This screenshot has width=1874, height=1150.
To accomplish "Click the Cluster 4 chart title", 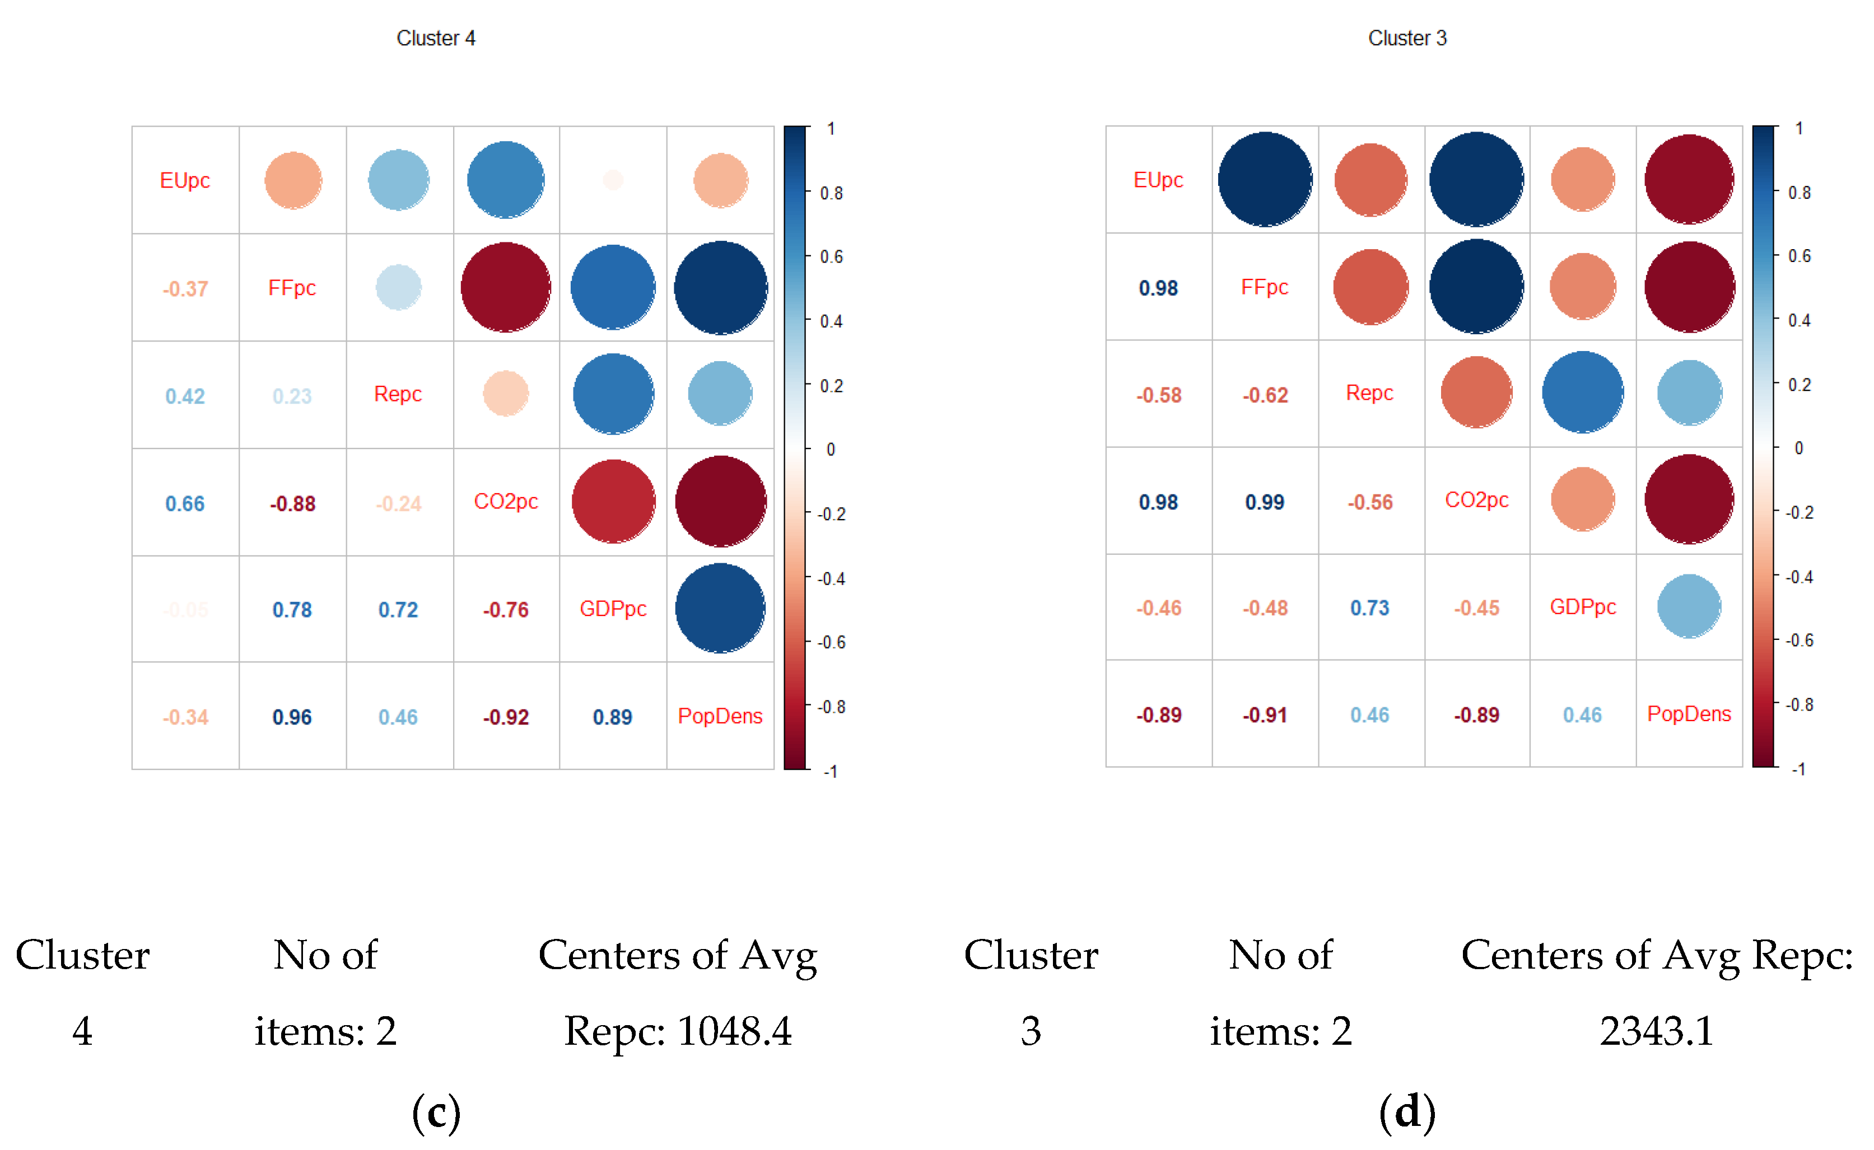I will pyautogui.click(x=435, y=38).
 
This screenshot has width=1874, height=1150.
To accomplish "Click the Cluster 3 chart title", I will pyautogui.click(x=1407, y=38).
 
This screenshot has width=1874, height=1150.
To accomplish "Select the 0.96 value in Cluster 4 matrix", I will pyautogui.click(x=292, y=717).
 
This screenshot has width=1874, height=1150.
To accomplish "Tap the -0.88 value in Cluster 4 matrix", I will pyautogui.click(x=292, y=503).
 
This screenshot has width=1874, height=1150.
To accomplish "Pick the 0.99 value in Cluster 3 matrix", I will pyautogui.click(x=1265, y=502).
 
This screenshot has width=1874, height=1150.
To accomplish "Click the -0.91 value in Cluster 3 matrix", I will pyautogui.click(x=1265, y=715).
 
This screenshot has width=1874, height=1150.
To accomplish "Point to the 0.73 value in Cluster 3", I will pyautogui.click(x=1369, y=607).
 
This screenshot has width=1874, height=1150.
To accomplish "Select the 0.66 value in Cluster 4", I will pyautogui.click(x=185, y=503).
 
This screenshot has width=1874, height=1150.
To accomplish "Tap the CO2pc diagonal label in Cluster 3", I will pyautogui.click(x=1476, y=501).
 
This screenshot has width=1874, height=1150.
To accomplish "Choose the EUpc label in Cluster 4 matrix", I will pyautogui.click(x=185, y=180).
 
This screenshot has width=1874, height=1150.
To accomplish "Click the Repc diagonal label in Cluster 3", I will pyautogui.click(x=1369, y=393).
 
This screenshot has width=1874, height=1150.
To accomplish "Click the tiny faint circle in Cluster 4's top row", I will pyautogui.click(x=613, y=180).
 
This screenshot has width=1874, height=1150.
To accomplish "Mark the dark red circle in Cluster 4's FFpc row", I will pyautogui.click(x=505, y=288).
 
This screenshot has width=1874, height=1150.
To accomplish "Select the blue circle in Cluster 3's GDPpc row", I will pyautogui.click(x=1689, y=607).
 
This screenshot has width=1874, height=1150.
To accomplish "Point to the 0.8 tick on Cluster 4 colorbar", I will pyautogui.click(x=832, y=193).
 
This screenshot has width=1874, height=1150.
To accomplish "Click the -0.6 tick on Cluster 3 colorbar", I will pyautogui.click(x=1799, y=641).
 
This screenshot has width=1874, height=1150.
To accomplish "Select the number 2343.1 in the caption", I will pyautogui.click(x=1656, y=1031).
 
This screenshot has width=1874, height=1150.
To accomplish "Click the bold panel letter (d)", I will pyautogui.click(x=1407, y=1111).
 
